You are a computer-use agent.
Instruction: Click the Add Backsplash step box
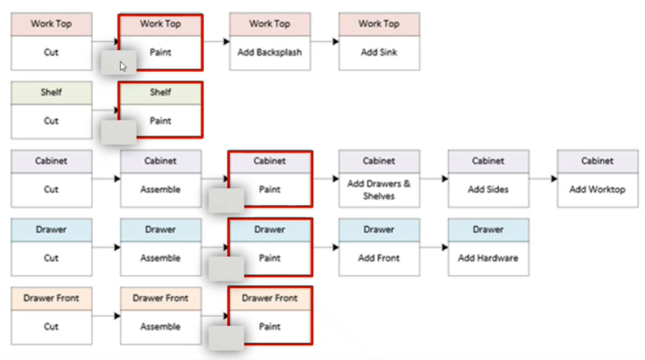[x=270, y=53]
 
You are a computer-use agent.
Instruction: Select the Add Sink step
[x=379, y=53]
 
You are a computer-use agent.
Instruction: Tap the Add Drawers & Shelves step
[x=379, y=190]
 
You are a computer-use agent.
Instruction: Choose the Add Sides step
[x=489, y=190]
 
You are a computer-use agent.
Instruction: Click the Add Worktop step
[x=597, y=190]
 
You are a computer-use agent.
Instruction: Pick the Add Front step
[x=379, y=258]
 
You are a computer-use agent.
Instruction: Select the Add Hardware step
[x=489, y=258]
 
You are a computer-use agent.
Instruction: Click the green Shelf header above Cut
[x=51, y=93]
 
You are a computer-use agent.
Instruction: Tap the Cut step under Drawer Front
[x=51, y=326]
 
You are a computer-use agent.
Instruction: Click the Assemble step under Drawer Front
[x=160, y=326]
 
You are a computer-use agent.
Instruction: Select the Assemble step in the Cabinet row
[x=160, y=190]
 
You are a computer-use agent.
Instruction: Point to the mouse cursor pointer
[x=123, y=65]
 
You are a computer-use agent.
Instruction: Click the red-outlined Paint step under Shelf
[x=160, y=121]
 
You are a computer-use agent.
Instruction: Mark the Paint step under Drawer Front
[x=270, y=326]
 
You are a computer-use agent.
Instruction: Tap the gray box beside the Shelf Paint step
[x=118, y=130]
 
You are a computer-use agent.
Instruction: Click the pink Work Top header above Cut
[x=51, y=24]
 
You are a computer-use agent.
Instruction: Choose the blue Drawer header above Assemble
[x=160, y=230]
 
